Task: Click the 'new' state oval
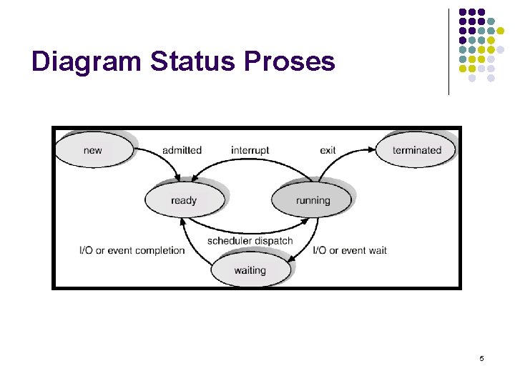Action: coord(93,150)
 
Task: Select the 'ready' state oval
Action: coord(184,200)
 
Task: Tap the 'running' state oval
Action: coord(313,200)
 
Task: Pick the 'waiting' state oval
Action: coord(250,270)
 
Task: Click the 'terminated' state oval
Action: coord(417,150)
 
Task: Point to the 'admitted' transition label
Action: coord(182,150)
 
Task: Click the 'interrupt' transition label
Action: coord(250,150)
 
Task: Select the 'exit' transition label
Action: coord(328,150)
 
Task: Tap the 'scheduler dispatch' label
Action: coord(250,241)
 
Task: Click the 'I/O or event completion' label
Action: coord(132,250)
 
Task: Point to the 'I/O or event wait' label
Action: coord(350,250)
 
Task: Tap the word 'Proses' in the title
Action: coord(289,62)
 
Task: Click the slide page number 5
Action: coord(481,357)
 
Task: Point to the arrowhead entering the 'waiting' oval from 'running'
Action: coord(292,261)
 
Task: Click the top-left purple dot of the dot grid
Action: coord(462,12)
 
